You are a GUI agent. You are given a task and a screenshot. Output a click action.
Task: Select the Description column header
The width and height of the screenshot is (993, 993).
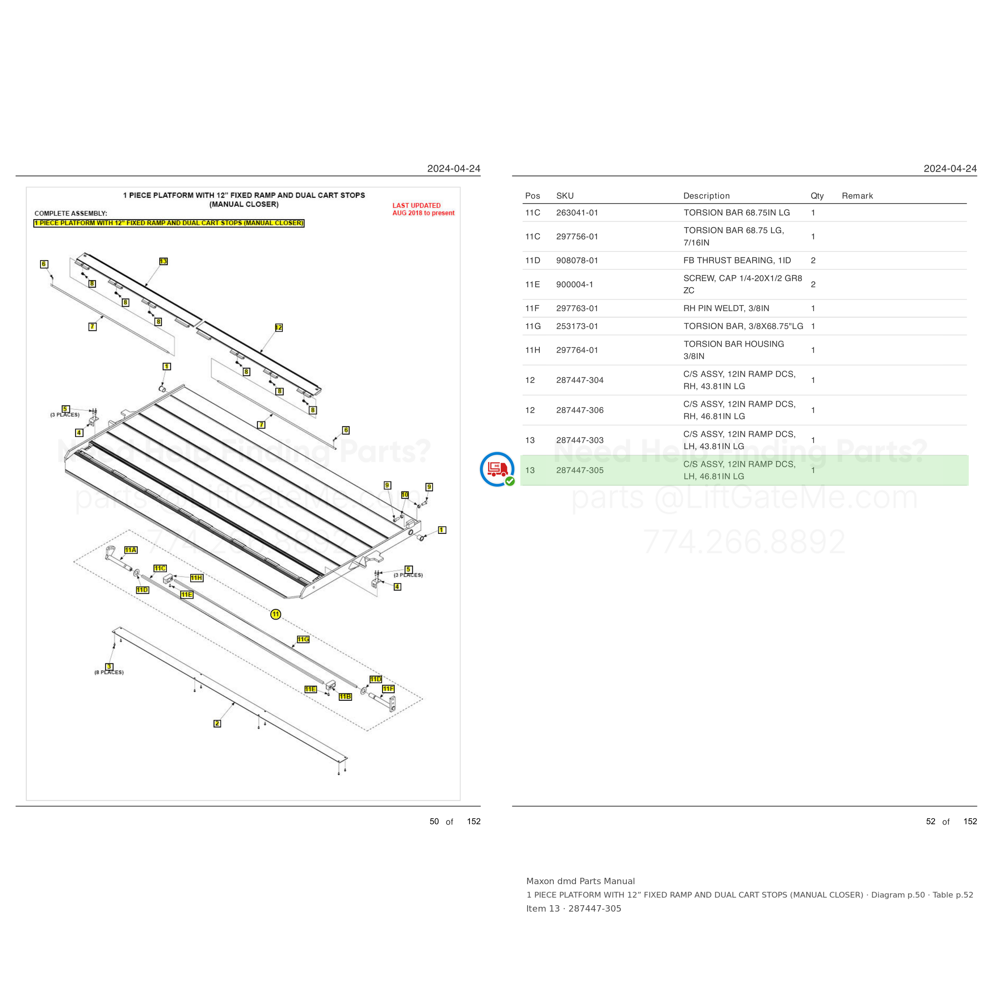point(706,196)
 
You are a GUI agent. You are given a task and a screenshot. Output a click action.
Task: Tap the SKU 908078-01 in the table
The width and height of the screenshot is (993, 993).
point(577,261)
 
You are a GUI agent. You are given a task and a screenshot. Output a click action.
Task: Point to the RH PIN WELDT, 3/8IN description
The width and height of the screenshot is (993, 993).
point(726,308)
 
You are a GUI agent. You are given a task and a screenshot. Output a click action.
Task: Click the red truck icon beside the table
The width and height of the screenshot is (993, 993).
point(497,469)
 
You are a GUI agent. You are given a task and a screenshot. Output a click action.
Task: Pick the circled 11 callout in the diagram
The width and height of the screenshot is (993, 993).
point(276,614)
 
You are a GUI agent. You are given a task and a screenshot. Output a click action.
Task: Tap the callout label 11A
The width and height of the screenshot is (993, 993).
point(131,550)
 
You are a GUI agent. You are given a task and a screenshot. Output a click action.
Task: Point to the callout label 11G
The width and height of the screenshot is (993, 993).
point(303,639)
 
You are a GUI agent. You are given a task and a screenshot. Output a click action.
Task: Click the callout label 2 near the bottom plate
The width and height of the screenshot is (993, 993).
point(217,724)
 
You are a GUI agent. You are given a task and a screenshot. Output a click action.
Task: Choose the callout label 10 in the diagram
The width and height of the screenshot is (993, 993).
point(405,495)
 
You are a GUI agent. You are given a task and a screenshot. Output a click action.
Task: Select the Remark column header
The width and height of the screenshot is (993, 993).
point(857,196)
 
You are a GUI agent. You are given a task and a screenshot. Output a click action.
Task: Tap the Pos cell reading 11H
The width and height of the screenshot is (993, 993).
point(533,350)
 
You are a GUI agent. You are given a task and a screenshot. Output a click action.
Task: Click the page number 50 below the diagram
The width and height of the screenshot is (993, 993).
point(434,821)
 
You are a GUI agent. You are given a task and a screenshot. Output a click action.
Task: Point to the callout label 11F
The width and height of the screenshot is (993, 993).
point(388,689)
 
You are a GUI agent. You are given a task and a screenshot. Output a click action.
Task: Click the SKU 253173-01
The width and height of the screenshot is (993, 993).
point(577,326)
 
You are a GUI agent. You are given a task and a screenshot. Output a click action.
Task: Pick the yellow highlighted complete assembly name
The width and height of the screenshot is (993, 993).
point(169,223)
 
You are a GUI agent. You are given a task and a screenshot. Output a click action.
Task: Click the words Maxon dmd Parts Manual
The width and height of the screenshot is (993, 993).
point(580,881)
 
